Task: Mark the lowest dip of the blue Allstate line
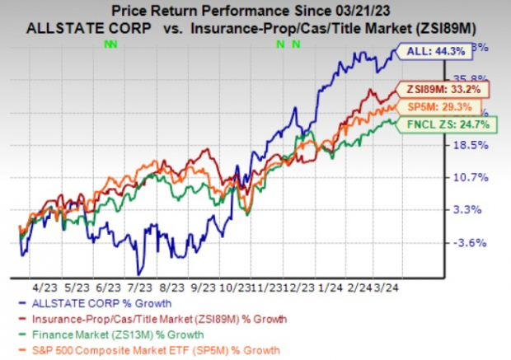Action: tap(140, 273)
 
